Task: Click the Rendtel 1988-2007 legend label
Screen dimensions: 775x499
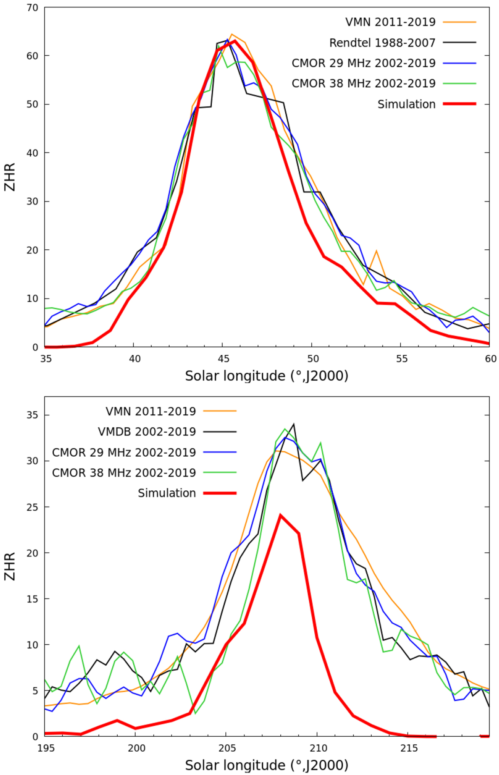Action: (382, 43)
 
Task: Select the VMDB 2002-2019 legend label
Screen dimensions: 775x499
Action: (147, 432)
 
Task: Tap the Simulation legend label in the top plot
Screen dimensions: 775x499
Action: (406, 104)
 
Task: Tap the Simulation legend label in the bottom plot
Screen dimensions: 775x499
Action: (167, 493)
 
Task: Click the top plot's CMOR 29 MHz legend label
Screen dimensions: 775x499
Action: (363, 63)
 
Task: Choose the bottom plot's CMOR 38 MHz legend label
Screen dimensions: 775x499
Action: (124, 473)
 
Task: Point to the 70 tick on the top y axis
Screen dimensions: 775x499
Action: (32, 7)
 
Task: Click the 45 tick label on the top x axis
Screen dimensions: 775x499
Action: (224, 359)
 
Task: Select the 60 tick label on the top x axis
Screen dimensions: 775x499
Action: (491, 359)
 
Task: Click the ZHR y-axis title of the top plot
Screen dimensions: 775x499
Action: (10, 177)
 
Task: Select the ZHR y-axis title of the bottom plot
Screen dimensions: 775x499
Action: (10, 566)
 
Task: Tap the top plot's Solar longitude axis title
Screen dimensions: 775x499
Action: (267, 376)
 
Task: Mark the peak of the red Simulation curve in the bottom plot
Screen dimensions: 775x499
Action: (281, 515)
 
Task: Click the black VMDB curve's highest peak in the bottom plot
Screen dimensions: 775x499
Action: (294, 424)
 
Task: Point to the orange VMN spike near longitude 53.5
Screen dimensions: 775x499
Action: (376, 251)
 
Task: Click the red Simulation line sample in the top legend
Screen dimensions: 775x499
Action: (459, 104)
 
